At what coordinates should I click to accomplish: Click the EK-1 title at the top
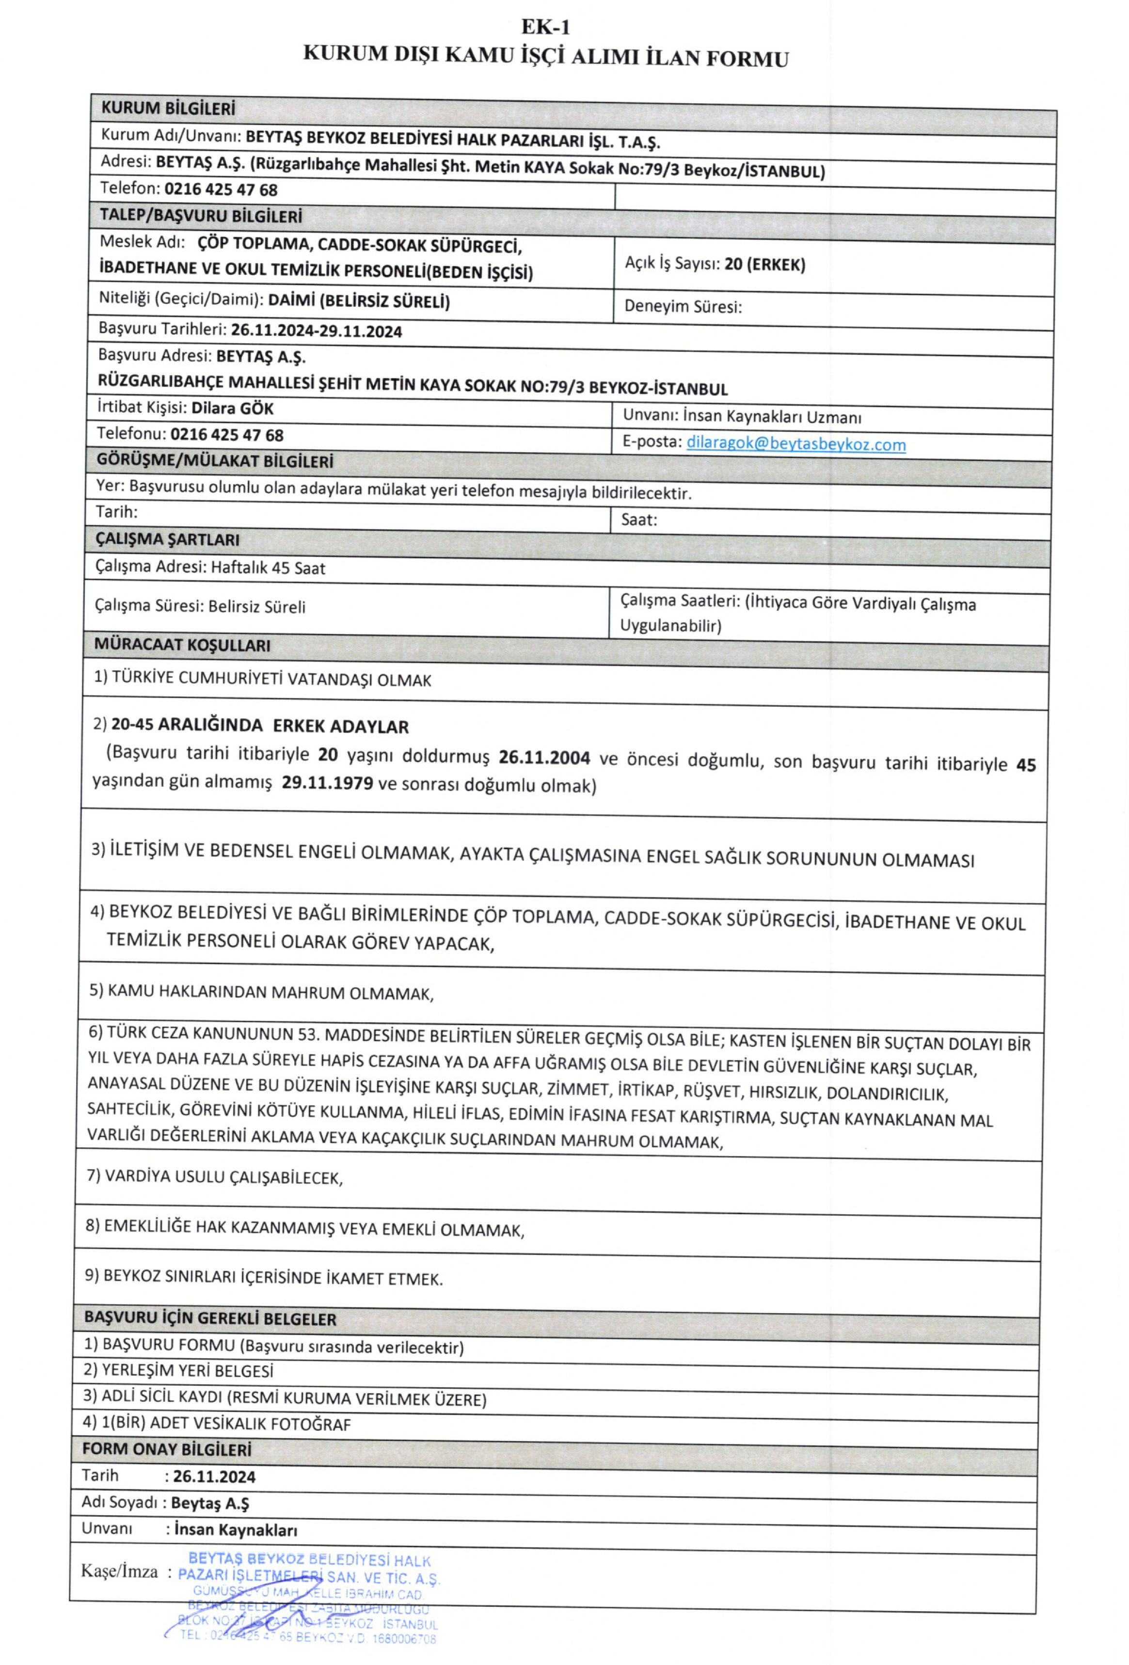(x=545, y=27)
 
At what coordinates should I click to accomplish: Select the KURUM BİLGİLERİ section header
(x=168, y=109)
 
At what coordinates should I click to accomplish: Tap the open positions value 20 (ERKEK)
(x=764, y=264)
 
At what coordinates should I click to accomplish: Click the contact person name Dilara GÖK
(x=232, y=408)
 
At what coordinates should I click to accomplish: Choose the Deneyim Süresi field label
(x=682, y=307)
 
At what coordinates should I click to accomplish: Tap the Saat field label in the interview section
(x=638, y=520)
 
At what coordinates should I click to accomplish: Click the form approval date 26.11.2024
(x=213, y=1476)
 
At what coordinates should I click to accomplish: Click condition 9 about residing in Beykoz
(x=264, y=1278)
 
